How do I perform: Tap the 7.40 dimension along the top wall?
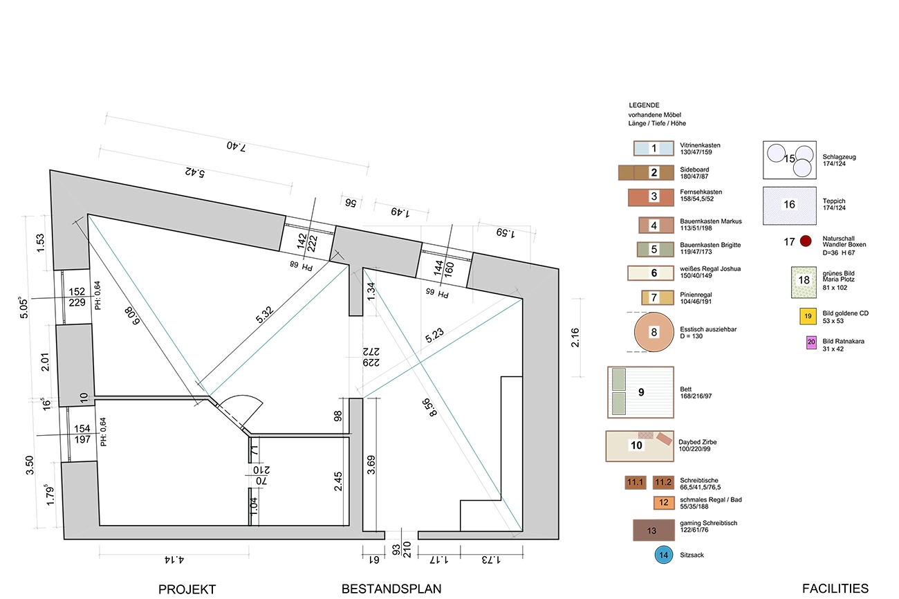[x=236, y=147]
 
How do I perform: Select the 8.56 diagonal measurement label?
[x=429, y=407]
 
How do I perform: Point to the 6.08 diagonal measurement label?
[x=131, y=316]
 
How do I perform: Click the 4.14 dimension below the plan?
[x=174, y=560]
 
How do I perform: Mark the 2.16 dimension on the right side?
[x=575, y=338]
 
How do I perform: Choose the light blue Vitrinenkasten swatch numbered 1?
[x=654, y=148]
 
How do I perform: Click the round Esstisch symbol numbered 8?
[x=654, y=332]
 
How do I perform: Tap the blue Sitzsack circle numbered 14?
[x=663, y=555]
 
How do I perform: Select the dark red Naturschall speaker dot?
[x=806, y=241]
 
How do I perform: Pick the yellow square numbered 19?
[x=808, y=316]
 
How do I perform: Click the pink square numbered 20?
[x=811, y=342]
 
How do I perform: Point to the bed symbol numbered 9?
[x=640, y=392]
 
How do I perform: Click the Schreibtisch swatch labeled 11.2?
[x=663, y=482]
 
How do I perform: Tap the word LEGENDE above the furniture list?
[x=644, y=105]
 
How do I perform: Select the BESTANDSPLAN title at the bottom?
[x=391, y=589]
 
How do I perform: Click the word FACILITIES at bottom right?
[x=835, y=589]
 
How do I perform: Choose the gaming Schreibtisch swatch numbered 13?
[x=654, y=530]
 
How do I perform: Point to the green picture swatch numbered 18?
[x=804, y=282]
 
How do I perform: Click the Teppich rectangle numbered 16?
[x=790, y=205]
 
